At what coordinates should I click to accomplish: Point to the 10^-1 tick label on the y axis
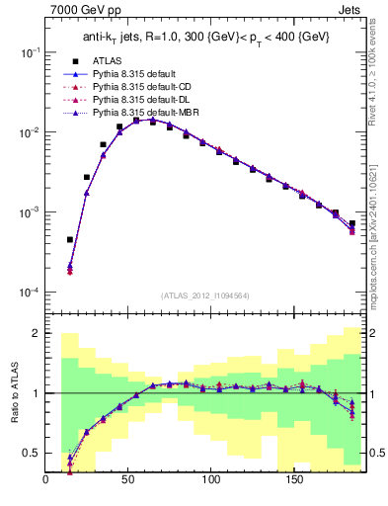coord(30,51)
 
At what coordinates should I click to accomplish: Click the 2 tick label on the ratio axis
coord(37,334)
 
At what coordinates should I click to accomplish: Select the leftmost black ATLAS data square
coord(70,239)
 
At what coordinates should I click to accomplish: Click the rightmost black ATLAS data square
coord(351,223)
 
